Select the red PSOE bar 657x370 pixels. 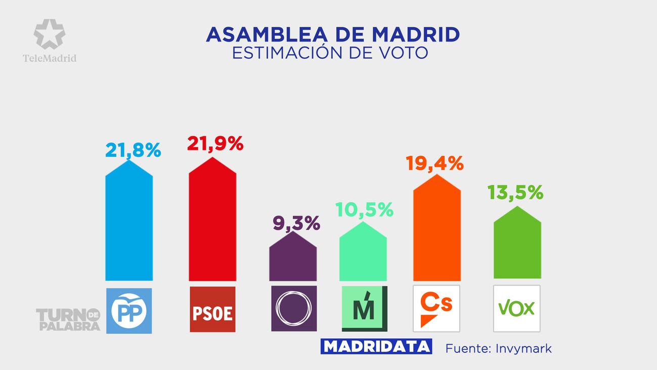212,223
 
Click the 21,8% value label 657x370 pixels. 133,150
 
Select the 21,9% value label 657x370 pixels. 215,144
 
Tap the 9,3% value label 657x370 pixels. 297,223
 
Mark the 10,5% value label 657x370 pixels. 364,210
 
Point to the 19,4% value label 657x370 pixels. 434,163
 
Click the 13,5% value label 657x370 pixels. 515,192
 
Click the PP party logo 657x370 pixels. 128,310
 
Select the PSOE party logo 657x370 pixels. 212,309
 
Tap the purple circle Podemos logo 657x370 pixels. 294,309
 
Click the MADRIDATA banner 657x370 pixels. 376,346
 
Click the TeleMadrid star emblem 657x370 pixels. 49,34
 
